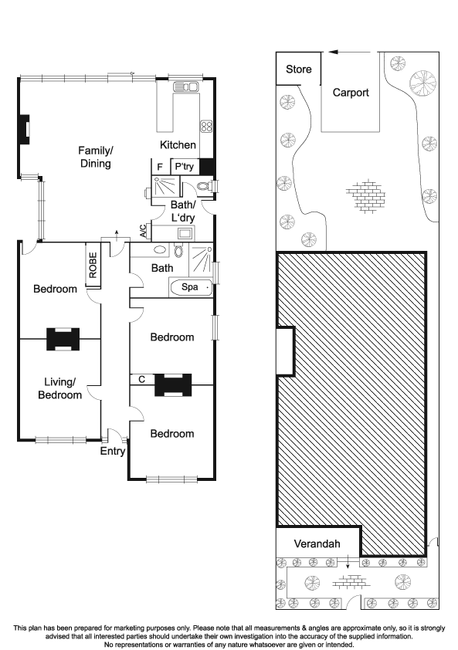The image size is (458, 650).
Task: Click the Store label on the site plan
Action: (x=299, y=69)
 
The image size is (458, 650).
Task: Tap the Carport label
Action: (x=351, y=93)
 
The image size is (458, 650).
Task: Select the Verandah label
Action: (x=317, y=543)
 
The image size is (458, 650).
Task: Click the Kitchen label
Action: (x=178, y=144)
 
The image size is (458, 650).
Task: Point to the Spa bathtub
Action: (x=191, y=287)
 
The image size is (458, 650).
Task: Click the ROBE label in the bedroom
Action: (x=93, y=265)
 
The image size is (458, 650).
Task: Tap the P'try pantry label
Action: (x=184, y=167)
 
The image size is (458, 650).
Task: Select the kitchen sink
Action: (x=186, y=87)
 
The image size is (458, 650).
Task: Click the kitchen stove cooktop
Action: (x=206, y=127)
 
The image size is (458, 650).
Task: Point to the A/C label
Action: (x=143, y=231)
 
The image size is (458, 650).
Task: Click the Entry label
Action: (x=113, y=451)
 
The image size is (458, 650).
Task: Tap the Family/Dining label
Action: (x=96, y=157)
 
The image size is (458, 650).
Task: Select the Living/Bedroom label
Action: (x=59, y=388)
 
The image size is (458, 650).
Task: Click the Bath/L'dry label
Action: (x=182, y=211)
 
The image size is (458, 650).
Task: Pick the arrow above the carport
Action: (x=349, y=52)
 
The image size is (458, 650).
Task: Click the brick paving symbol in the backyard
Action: (x=365, y=196)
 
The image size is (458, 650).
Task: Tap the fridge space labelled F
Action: (x=160, y=167)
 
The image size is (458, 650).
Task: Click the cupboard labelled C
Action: (x=142, y=379)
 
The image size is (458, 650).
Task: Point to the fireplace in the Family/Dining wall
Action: (x=24, y=130)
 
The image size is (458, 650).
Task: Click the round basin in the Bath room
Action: (x=160, y=250)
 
